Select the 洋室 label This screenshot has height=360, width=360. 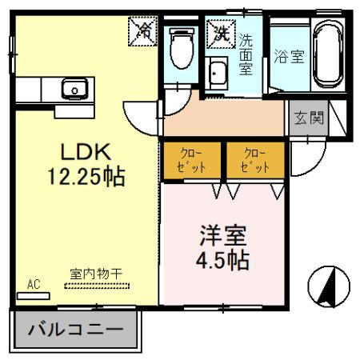point(222,238)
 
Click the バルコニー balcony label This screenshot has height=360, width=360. point(76,328)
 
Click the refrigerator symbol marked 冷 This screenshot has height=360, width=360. point(145,32)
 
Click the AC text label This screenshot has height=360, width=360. point(34,283)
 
